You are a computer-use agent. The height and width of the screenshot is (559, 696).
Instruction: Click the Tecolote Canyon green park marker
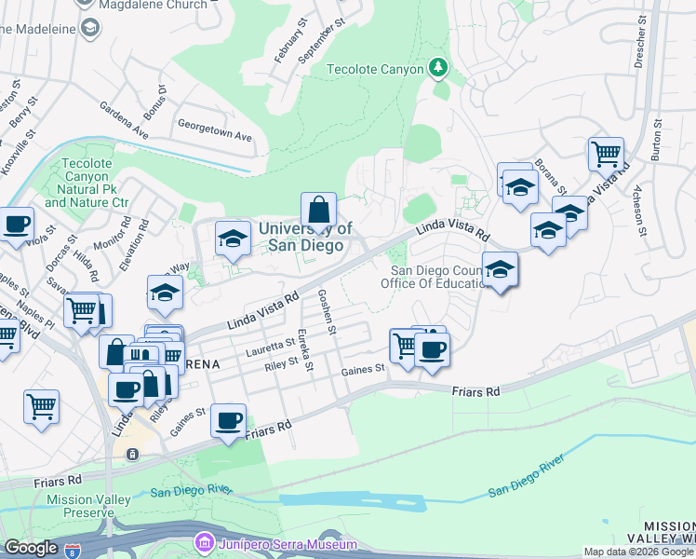(x=438, y=68)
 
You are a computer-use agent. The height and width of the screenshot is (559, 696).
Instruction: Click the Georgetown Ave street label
(x=215, y=130)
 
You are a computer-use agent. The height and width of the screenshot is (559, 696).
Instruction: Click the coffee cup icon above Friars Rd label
(x=228, y=421)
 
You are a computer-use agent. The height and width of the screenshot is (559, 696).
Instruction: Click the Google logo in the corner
(x=31, y=548)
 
